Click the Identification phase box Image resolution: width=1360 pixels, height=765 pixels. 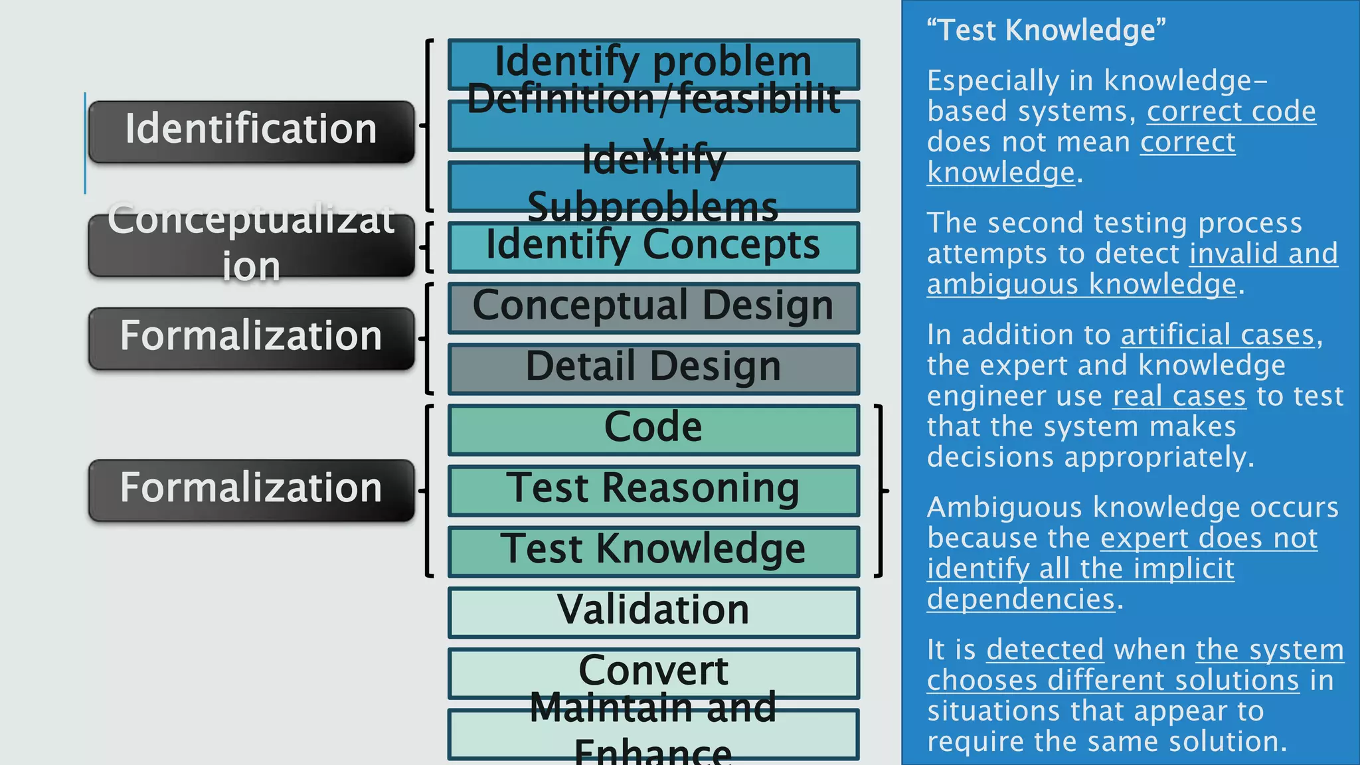tap(251, 131)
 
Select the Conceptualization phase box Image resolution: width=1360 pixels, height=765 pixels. tap(251, 245)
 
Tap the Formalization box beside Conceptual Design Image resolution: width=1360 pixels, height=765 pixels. tap(251, 338)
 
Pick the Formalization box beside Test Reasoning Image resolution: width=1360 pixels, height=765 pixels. tap(251, 490)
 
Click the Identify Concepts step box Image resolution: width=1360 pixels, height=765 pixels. tap(653, 247)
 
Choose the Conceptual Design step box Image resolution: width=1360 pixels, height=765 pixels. tap(653, 307)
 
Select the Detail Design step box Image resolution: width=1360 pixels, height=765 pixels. tap(653, 369)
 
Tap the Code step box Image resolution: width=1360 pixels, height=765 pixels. tap(653, 429)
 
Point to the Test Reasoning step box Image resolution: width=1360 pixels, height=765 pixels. tap(653, 490)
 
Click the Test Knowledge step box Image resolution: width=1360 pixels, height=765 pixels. tap(653, 551)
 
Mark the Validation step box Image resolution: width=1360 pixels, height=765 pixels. tap(653, 612)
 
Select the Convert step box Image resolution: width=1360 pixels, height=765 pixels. tap(653, 672)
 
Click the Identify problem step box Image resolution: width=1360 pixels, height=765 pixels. tap(653, 64)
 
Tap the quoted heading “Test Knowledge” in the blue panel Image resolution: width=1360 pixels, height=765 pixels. tap(1046, 31)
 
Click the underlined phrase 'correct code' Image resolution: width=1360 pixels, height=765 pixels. tap(1231, 112)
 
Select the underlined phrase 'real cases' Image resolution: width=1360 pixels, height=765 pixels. tap(1179, 396)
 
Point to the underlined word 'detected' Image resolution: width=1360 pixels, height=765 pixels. tap(1045, 649)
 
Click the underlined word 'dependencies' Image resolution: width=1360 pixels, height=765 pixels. tap(1021, 599)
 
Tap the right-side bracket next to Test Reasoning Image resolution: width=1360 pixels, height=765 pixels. tap(881, 491)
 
